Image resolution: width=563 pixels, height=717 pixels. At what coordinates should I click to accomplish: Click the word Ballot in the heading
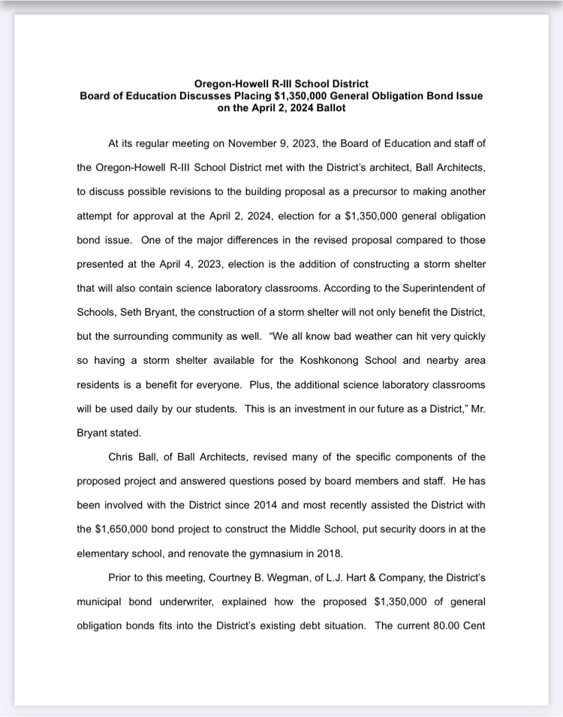(328, 108)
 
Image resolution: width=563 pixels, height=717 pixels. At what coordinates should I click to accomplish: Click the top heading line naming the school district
(281, 83)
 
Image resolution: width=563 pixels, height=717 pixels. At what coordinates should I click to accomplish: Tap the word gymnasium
(275, 553)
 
